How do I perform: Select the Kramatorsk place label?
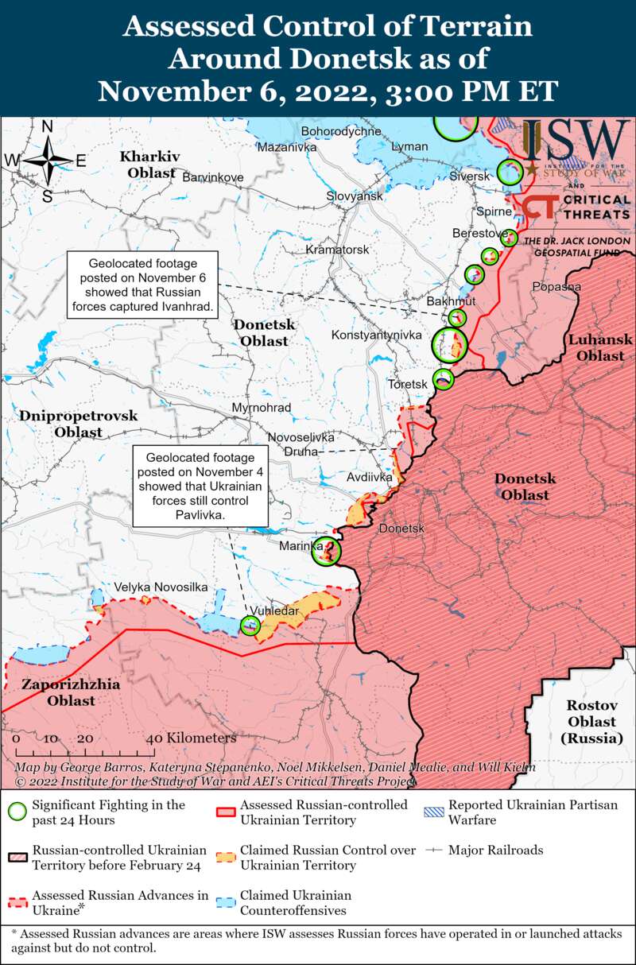338,250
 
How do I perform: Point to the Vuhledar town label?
274,610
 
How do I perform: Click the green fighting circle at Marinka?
325,550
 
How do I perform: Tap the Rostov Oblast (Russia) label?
591,722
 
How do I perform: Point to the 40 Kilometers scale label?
191,738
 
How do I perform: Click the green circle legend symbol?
17,812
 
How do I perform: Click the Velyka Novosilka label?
161,587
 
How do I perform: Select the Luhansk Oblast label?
600,347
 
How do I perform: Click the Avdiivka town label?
370,478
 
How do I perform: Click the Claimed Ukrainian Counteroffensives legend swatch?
227,895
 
